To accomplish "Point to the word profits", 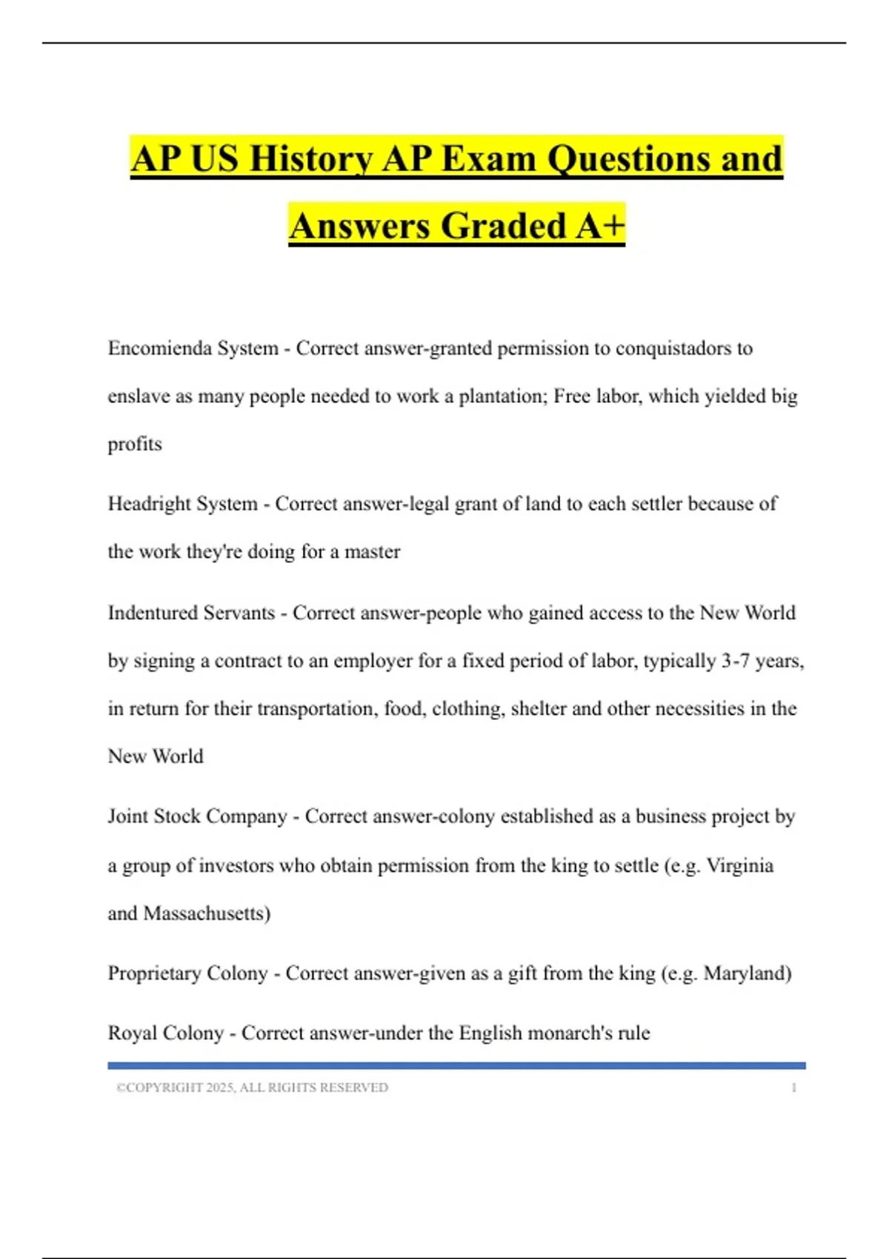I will click(x=135, y=444).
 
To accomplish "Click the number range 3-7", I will click(x=735, y=661).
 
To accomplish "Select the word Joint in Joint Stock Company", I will click(x=127, y=816).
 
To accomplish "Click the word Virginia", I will click(x=739, y=866).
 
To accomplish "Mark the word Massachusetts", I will click(x=207, y=913).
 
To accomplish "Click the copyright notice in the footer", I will click(x=252, y=1087).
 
